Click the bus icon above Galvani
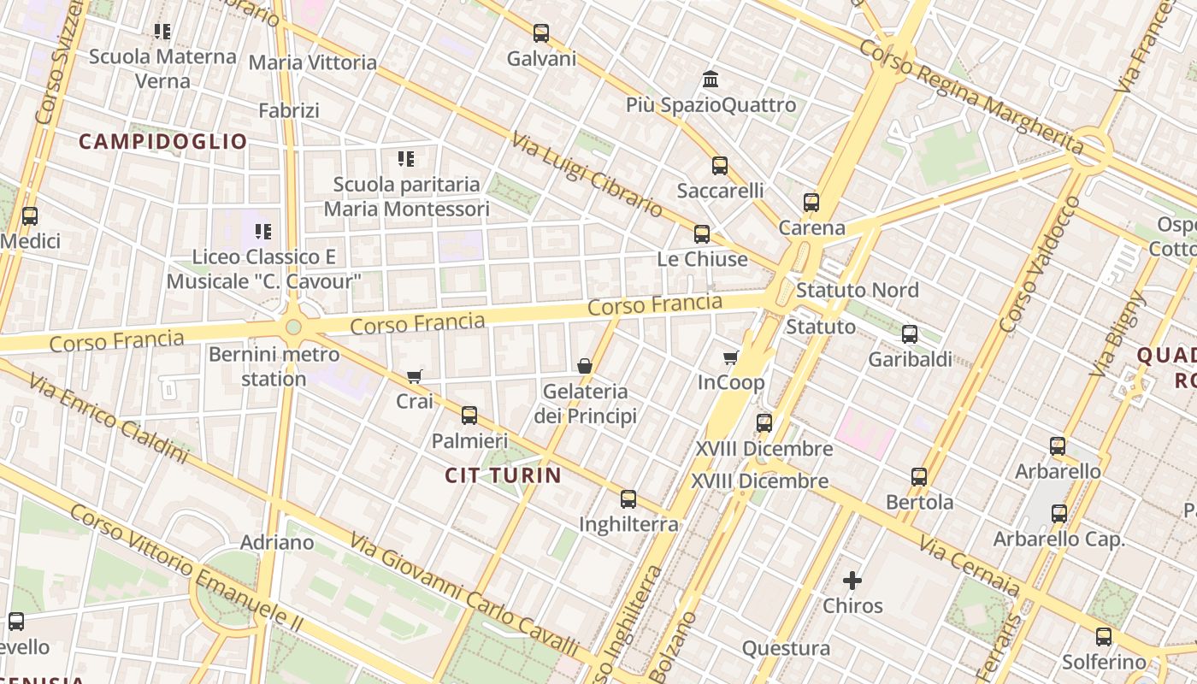point(541,33)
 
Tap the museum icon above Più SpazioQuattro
point(710,80)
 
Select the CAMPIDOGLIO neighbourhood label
point(163,142)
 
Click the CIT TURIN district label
point(504,475)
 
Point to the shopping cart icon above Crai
point(415,376)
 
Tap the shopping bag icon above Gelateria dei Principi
point(585,366)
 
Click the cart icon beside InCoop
point(730,357)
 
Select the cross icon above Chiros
point(852,581)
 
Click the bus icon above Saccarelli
point(720,166)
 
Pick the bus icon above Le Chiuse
point(702,233)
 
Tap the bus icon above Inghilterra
point(628,499)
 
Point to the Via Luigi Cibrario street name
point(587,174)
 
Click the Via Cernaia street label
point(970,566)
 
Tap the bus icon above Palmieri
point(469,416)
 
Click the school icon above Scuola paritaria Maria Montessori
point(406,159)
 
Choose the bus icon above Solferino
point(1104,637)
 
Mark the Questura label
point(786,648)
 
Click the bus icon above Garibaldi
point(910,334)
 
